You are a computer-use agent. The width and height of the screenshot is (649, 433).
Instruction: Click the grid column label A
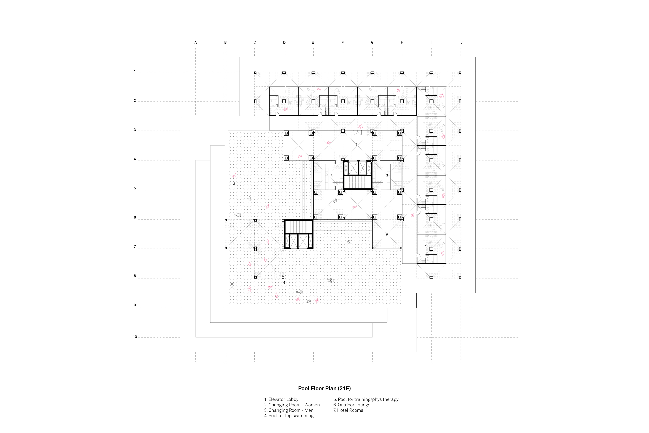point(196,42)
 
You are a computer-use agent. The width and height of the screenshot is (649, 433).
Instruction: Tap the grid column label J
point(462,42)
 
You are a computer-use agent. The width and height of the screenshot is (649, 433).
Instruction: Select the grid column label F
point(343,42)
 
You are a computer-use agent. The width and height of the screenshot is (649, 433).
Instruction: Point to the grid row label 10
point(135,337)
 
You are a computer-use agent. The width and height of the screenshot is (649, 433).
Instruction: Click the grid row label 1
point(135,71)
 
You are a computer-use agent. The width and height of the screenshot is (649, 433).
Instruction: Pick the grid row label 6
point(135,218)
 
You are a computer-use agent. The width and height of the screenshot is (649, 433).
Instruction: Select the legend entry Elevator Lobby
point(281,399)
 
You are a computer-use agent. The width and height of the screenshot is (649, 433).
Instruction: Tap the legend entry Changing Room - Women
point(292,405)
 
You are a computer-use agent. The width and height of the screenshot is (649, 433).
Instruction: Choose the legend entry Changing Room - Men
point(289,410)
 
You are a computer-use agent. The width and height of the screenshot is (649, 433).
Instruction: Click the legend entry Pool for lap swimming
point(289,416)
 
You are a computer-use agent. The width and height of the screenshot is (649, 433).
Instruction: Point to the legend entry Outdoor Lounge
point(352,405)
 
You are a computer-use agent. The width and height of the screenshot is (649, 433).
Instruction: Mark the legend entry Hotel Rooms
point(348,410)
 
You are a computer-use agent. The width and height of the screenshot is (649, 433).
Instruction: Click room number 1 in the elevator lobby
point(357,144)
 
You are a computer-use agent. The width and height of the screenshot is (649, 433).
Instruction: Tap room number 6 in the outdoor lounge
point(387,235)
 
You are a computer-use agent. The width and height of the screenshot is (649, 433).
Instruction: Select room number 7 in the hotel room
point(425,246)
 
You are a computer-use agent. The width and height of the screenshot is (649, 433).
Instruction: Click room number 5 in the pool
point(234,183)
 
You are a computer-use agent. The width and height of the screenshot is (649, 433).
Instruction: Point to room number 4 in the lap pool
point(284,283)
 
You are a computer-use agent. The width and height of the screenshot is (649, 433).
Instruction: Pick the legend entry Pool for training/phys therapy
point(366,399)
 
